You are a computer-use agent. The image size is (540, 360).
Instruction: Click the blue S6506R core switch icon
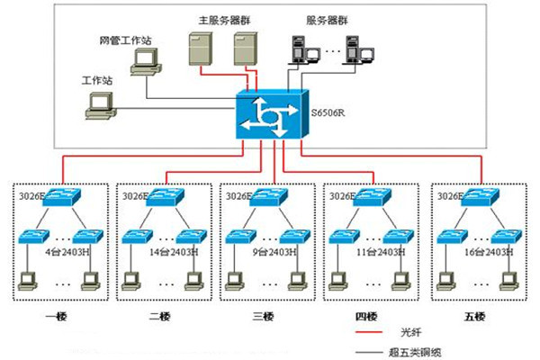272,114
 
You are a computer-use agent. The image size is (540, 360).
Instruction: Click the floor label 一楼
56,317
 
